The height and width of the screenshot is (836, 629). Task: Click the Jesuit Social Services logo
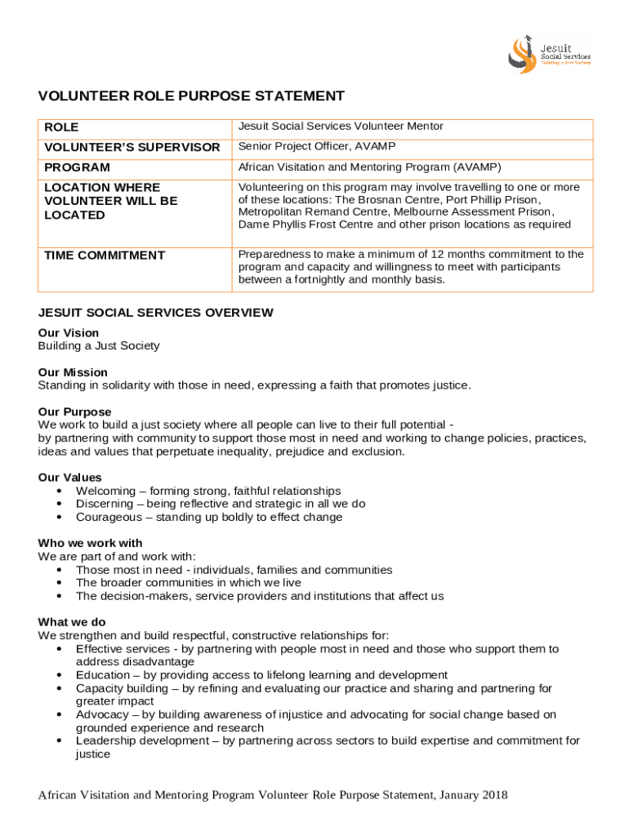point(549,52)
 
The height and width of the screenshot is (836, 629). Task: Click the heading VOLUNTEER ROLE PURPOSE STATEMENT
point(191,96)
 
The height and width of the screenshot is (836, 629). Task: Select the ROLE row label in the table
point(61,127)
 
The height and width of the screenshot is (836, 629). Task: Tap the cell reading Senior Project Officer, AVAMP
point(317,147)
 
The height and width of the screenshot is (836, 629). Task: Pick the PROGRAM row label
point(77,167)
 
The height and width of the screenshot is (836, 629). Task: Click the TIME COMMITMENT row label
point(105,256)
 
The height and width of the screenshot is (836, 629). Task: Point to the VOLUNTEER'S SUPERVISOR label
point(132,148)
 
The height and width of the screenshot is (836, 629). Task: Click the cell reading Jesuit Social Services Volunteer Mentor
point(341,127)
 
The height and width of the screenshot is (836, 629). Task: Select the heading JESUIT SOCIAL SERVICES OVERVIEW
point(155,313)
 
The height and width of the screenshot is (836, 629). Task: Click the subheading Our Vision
point(69,332)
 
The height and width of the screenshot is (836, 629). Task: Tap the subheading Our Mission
point(73,372)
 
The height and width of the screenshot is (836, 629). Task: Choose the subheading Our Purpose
point(74,411)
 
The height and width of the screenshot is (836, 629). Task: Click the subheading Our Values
point(70,478)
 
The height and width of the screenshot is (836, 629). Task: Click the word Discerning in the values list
point(104,504)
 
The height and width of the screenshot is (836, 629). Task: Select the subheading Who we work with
point(90,543)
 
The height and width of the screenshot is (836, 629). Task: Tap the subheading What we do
point(72,622)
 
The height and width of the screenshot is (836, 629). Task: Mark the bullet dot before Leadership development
point(60,740)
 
